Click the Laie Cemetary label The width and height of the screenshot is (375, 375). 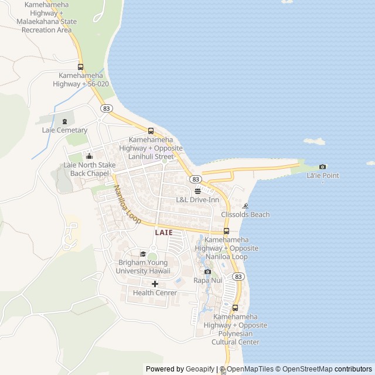click(64, 130)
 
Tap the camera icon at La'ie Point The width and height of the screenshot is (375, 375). click(322, 167)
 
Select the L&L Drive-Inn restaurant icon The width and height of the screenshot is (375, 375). click(197, 191)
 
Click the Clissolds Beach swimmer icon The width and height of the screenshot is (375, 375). click(245, 206)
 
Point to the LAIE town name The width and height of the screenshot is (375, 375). click(163, 233)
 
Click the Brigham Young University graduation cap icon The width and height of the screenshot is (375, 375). click(143, 254)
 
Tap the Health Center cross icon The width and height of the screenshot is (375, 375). click(155, 284)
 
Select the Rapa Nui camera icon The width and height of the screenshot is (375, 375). click(207, 271)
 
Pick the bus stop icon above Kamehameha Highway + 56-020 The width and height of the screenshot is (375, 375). click(80, 67)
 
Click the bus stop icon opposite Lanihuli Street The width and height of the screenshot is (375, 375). click(151, 131)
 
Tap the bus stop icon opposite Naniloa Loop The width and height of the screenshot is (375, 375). click(226, 231)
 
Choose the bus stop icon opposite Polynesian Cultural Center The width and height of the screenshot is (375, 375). click(235, 308)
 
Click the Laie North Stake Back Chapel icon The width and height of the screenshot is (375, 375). click(89, 156)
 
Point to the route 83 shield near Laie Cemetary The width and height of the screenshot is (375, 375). click(106, 108)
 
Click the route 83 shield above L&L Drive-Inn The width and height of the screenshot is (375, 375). click(196, 179)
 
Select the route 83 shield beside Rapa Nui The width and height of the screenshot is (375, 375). click(237, 276)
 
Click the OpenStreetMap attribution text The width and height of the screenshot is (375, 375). click(305, 369)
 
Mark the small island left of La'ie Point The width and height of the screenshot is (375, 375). click(315, 141)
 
